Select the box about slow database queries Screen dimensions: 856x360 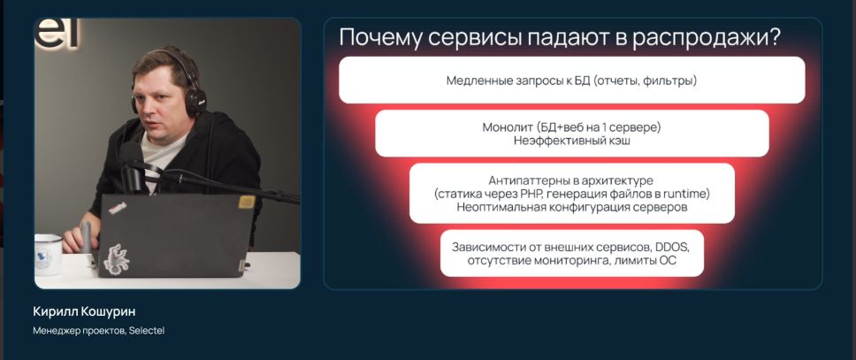571,80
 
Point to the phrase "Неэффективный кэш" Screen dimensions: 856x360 571,141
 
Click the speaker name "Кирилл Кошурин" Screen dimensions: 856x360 84,312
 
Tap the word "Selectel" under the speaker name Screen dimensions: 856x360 147,331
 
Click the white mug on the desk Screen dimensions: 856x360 49,253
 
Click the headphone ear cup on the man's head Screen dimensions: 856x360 195,102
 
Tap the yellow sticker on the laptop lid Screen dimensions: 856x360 247,203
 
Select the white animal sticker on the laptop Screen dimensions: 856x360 116,258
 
